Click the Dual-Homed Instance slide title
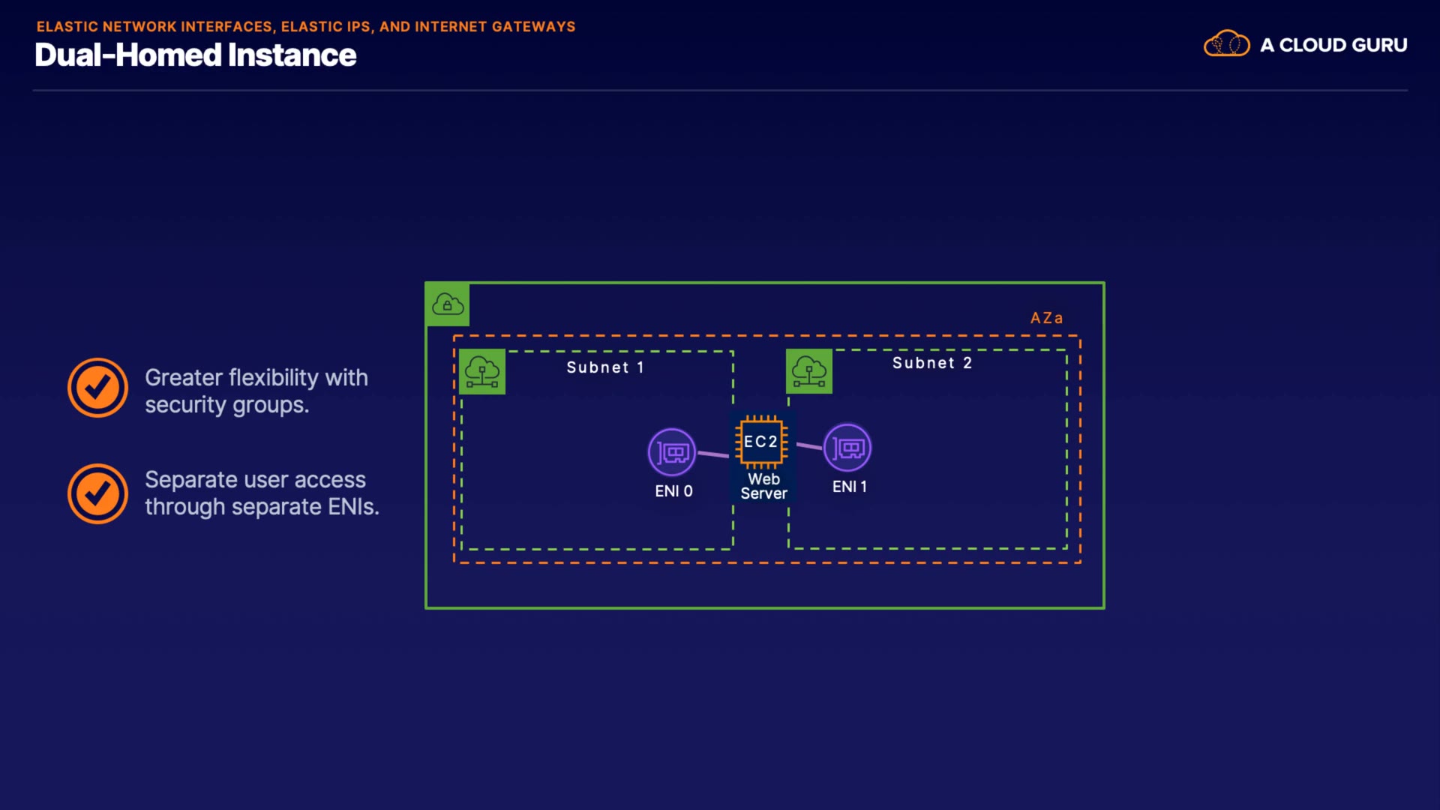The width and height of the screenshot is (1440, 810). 195,55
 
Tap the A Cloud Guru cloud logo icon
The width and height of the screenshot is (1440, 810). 1226,44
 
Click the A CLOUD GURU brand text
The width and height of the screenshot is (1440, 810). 1333,45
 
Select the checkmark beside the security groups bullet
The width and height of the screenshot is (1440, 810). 97,388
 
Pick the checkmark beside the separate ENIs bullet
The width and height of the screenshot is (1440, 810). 97,493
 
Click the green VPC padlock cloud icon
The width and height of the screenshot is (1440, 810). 448,304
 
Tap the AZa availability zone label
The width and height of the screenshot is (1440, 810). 1046,318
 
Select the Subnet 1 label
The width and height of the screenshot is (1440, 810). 604,367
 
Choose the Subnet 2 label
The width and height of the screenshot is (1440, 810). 931,363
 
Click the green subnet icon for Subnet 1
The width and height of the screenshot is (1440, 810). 481,371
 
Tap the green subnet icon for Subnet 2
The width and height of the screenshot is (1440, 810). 808,370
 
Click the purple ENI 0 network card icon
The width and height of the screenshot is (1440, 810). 672,452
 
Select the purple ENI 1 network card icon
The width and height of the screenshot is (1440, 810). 847,448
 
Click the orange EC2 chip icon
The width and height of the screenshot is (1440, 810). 761,442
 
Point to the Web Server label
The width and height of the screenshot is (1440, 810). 763,486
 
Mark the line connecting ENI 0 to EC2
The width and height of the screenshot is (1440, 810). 713,454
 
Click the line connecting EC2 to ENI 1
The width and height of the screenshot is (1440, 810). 809,446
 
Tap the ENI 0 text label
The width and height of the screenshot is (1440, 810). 673,491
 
